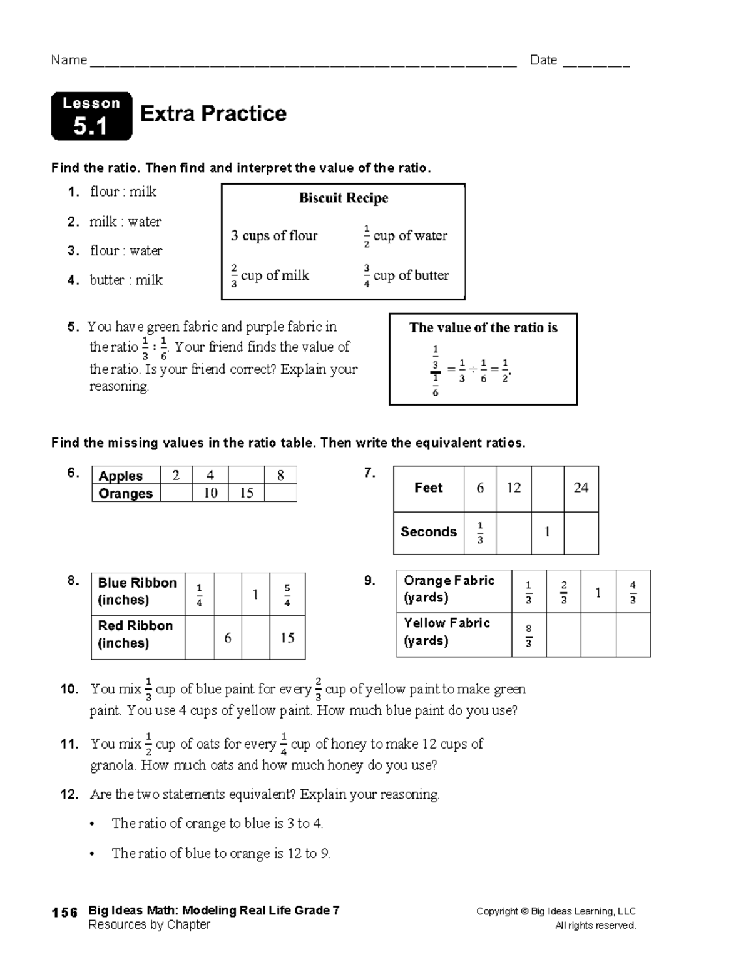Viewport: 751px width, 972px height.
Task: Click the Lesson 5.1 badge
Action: click(91, 116)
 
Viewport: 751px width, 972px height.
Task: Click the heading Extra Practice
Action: click(213, 113)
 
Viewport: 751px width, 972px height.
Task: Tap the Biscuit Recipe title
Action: click(343, 198)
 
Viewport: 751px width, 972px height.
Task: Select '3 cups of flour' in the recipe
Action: click(274, 236)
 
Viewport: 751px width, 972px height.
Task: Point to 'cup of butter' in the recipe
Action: click(411, 275)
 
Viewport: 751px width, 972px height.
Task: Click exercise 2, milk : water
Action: click(125, 222)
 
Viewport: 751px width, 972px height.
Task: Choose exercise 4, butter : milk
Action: click(126, 280)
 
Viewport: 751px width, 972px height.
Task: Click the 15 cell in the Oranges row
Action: click(247, 493)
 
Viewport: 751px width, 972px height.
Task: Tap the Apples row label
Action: click(121, 476)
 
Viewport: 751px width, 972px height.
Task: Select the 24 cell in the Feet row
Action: click(581, 488)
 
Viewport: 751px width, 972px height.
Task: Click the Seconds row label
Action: click(429, 532)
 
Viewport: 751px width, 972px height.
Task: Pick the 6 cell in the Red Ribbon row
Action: click(228, 638)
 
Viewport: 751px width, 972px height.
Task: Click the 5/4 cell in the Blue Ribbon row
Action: click(287, 595)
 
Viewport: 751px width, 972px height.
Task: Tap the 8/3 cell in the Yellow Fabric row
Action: click(529, 635)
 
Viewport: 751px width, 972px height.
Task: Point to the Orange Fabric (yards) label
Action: click(449, 589)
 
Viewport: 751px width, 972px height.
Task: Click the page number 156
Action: click(64, 912)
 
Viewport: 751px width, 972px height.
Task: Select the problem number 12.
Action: click(69, 795)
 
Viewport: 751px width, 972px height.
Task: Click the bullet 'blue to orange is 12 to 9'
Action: click(220, 853)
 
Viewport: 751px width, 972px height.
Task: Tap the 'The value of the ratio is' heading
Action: click(483, 328)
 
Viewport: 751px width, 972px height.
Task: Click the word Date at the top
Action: click(543, 60)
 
